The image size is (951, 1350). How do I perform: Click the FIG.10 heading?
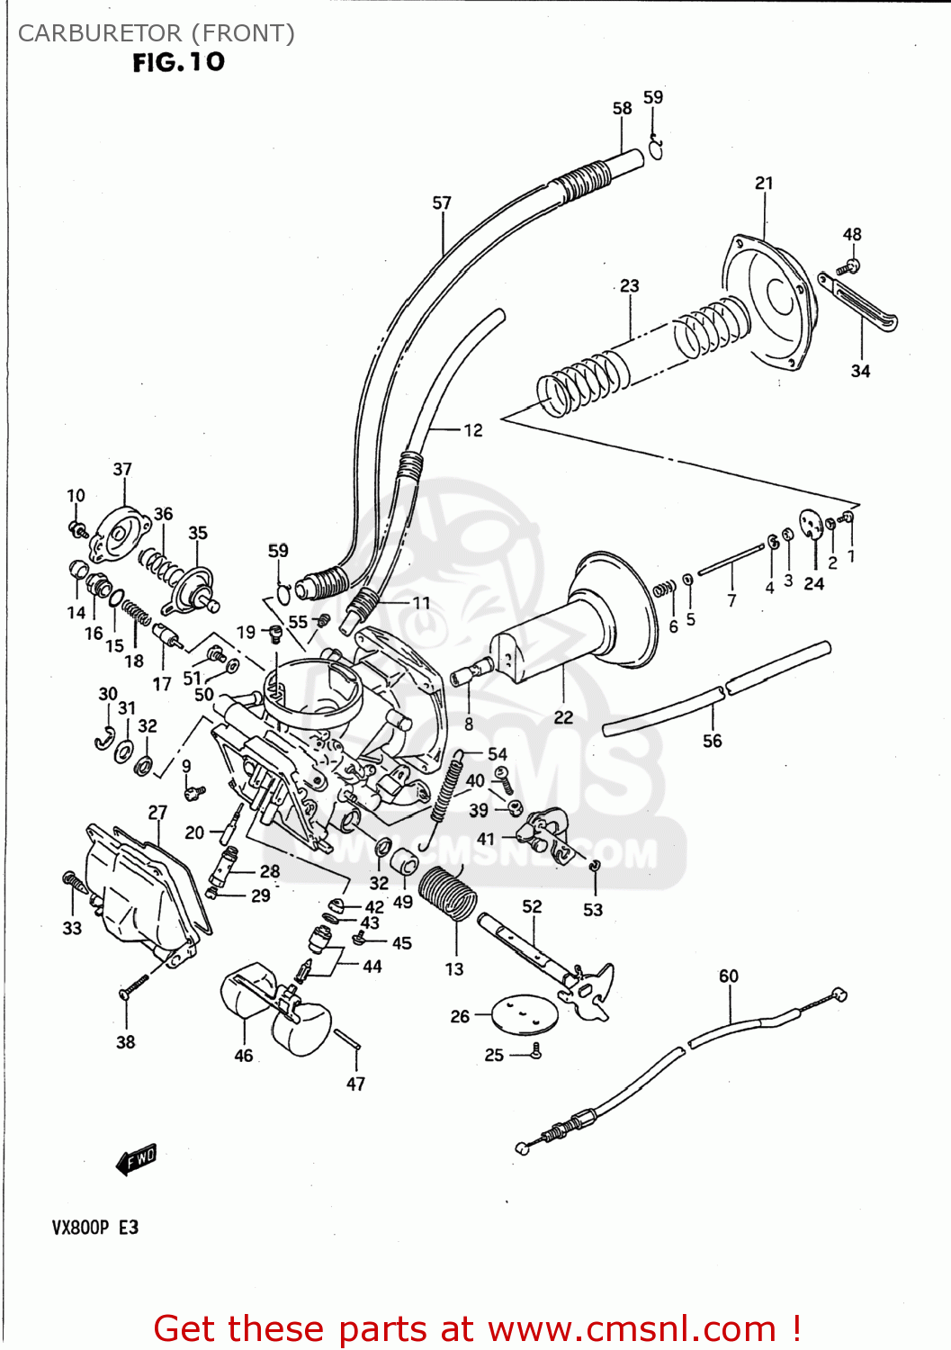[x=178, y=62]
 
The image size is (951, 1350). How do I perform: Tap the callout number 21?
[x=764, y=183]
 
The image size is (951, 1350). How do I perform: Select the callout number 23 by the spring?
[x=630, y=285]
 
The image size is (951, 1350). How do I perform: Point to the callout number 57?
[x=442, y=202]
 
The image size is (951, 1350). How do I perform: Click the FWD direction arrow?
[x=137, y=1159]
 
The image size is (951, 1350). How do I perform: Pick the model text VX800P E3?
[x=95, y=1228]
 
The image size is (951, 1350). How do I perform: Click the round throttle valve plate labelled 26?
[x=525, y=1014]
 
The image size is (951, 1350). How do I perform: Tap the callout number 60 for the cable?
[x=729, y=976]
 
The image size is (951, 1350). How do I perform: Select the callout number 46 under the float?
[x=244, y=1056]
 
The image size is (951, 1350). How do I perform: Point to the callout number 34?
[x=861, y=371]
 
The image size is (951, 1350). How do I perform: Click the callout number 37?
[x=122, y=469]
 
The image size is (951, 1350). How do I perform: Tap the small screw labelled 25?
[x=535, y=1050]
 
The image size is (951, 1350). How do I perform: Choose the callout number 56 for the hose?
[x=713, y=741]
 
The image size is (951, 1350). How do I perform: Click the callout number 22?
[x=563, y=717]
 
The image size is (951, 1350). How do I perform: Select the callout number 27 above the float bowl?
[x=157, y=812]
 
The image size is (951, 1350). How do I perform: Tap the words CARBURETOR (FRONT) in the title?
[x=157, y=33]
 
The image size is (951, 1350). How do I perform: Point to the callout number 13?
[x=454, y=968]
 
